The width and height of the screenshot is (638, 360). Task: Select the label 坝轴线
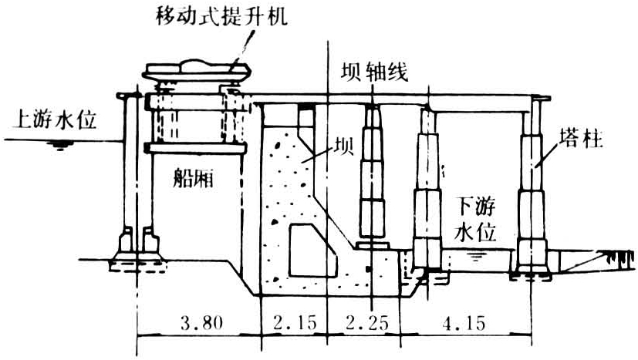click(374, 71)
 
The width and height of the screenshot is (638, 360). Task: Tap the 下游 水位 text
click(477, 219)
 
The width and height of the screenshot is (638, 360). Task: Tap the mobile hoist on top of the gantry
click(197, 70)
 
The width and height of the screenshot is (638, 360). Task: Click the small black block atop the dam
click(307, 106)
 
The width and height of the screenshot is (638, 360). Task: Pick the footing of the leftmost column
click(130, 251)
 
